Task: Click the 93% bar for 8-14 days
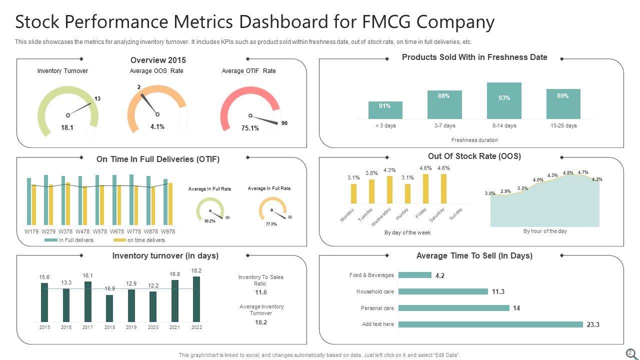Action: [x=504, y=100]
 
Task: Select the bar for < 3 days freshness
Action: [x=385, y=110]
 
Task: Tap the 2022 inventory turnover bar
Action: [x=196, y=299]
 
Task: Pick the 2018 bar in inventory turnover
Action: [x=109, y=308]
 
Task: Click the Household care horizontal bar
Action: [x=443, y=291]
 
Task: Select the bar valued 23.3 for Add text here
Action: [x=490, y=324]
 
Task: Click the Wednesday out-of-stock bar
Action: [x=389, y=190]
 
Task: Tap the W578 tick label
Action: [x=100, y=231]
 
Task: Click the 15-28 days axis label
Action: [x=563, y=125]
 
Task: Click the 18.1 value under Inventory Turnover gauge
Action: [x=67, y=127]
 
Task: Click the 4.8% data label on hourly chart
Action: [x=568, y=173]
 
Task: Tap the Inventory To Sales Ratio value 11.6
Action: [x=260, y=292]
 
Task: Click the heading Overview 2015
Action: [x=158, y=60]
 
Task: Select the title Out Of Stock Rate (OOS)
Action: [x=474, y=156]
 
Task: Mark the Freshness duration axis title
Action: [x=474, y=140]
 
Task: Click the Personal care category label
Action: [x=377, y=308]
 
